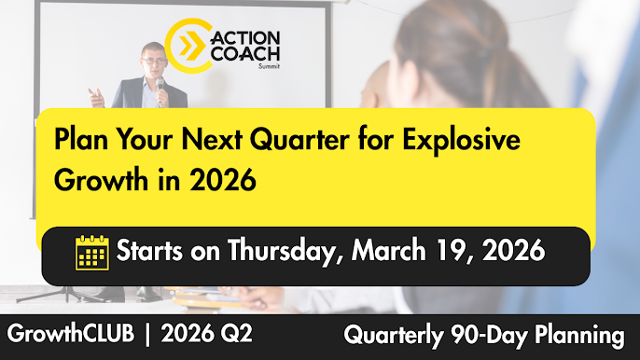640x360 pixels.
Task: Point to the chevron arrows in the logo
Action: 191,45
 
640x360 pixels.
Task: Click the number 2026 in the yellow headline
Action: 224,177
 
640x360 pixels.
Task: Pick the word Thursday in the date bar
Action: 294,253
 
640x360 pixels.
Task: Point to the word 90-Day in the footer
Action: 490,334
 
